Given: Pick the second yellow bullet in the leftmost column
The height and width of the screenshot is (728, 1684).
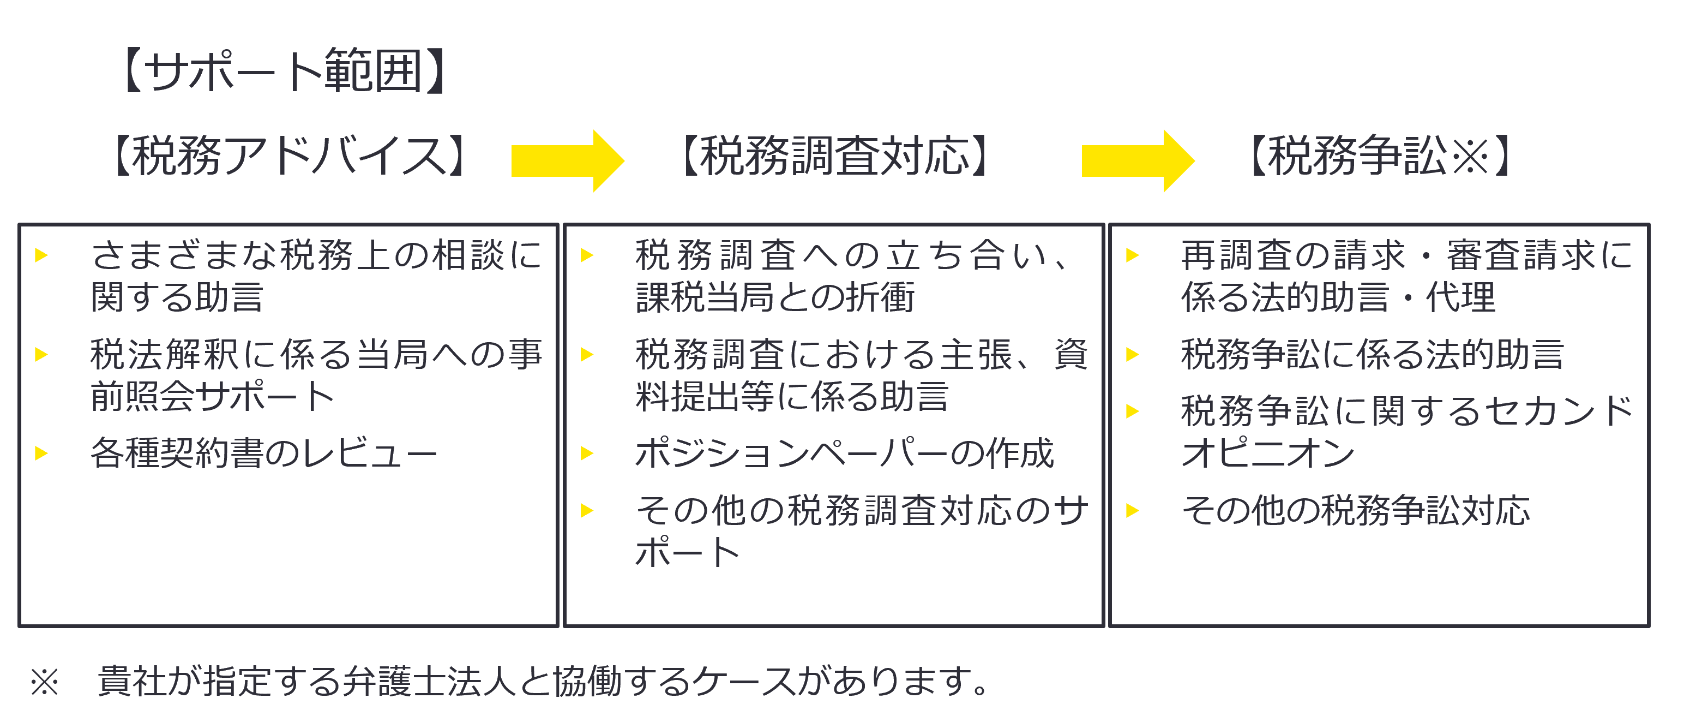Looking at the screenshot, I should [48, 355].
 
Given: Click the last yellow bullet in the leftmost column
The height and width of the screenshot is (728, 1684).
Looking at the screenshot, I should [48, 453].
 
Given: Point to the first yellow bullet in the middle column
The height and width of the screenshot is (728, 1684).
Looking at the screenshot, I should [593, 260].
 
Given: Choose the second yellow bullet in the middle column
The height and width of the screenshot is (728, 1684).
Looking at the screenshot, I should [593, 355].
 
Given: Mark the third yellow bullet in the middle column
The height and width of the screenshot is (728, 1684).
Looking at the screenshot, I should [593, 453].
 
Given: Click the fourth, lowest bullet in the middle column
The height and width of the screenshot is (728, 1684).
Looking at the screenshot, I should [594, 511].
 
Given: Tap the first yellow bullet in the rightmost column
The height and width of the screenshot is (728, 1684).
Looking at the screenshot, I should [1139, 260].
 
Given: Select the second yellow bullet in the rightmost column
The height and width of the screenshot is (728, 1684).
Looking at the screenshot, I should [1139, 355].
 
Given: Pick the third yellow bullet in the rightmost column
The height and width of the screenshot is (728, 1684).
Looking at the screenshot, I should [1139, 411].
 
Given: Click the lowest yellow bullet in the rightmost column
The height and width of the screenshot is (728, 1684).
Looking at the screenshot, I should [1140, 511].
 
